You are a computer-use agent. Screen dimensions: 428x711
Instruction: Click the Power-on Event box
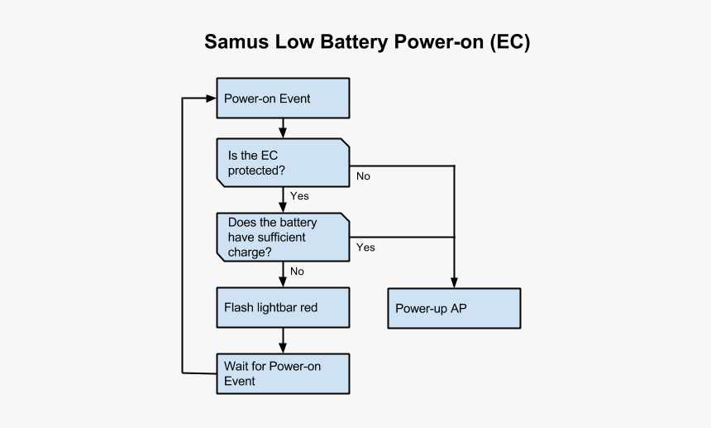pos(283,99)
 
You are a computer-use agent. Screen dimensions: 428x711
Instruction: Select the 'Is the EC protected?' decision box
pos(283,162)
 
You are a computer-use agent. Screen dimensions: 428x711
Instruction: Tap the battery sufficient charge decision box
pos(283,238)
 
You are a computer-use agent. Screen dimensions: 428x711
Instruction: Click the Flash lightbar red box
pos(283,307)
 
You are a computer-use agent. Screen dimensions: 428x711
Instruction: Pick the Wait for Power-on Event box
pos(283,373)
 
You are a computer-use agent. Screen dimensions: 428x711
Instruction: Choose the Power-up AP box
pos(454,309)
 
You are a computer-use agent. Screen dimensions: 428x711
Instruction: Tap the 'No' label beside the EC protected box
pos(363,176)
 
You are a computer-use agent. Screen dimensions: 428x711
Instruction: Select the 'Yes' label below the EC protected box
pos(299,196)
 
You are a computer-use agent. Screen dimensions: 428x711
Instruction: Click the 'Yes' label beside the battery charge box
pos(365,248)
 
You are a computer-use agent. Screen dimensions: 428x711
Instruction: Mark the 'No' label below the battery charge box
pos(297,272)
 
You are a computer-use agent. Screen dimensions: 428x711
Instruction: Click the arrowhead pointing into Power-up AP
pos(454,282)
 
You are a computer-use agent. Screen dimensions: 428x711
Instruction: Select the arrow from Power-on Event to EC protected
pos(284,128)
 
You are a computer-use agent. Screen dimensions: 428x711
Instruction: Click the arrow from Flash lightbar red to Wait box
pos(284,340)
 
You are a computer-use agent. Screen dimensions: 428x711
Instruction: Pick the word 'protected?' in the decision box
pos(257,170)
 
